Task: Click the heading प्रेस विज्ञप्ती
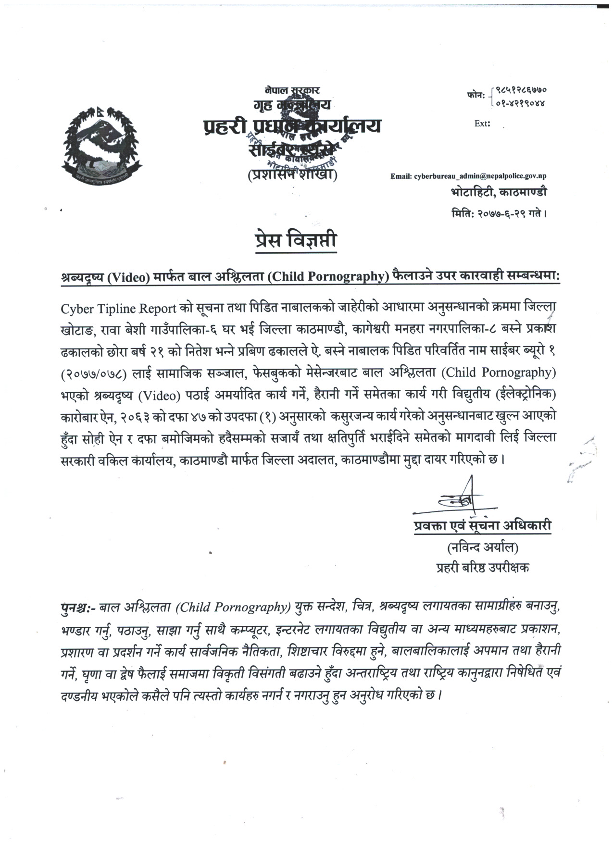click(296, 240)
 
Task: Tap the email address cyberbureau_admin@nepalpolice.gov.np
click(468, 176)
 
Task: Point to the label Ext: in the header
click(482, 124)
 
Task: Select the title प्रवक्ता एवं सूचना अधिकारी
click(482, 526)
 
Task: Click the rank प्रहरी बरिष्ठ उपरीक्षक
click(482, 567)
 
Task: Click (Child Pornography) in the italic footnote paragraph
click(233, 607)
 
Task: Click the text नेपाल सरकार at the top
click(292, 89)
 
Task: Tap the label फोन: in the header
click(475, 96)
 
